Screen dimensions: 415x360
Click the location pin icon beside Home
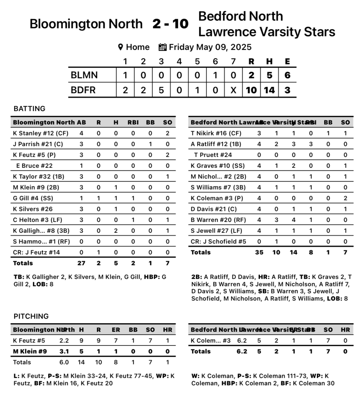120,47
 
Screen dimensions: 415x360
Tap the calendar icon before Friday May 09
162,47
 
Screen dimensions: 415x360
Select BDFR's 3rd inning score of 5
161,90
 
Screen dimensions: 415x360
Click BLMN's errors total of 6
287,75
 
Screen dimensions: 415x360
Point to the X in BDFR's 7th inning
233,90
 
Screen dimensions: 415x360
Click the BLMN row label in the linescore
84,75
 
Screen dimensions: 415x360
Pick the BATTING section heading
29,109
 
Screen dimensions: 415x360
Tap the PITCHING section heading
31,316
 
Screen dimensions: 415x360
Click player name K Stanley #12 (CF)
40,133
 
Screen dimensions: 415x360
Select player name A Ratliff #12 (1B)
216,144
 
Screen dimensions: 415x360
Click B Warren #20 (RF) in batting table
216,220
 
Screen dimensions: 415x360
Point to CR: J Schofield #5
218,241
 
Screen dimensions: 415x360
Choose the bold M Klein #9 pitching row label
30,351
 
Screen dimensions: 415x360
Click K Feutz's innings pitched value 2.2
64,340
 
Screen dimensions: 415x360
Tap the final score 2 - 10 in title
170,24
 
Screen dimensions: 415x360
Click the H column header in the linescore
269,61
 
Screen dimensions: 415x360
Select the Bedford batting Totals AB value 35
259,252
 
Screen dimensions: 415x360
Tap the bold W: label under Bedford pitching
195,376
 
